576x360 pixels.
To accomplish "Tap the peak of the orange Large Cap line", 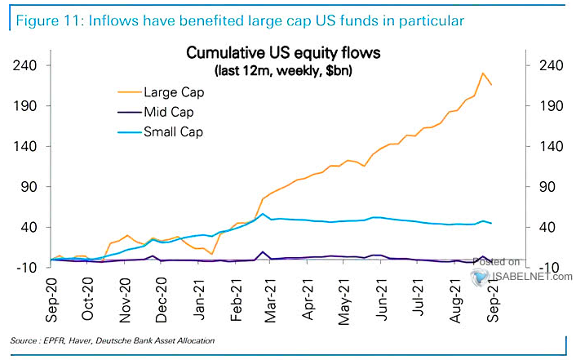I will [x=483, y=73].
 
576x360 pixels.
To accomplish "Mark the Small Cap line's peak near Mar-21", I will [x=263, y=214].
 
